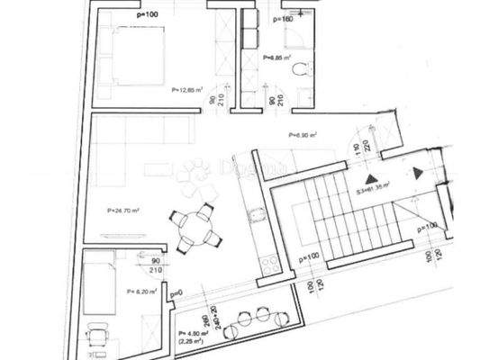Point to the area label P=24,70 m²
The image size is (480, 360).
point(122,210)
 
